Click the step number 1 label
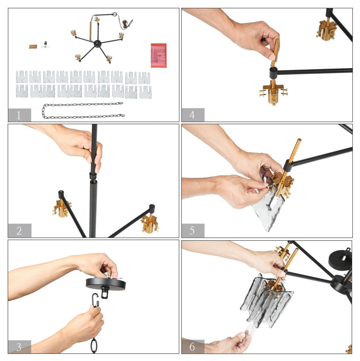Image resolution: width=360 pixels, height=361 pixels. coord(19,115)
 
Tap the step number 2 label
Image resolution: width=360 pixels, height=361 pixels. coord(19,230)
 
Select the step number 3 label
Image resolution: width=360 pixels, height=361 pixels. coord(19,346)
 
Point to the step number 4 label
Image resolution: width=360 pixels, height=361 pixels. coord(193,114)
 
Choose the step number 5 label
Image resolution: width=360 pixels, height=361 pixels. coord(193,230)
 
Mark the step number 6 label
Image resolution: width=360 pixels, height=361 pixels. coord(193,346)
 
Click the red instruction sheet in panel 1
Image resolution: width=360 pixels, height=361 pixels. coord(158,55)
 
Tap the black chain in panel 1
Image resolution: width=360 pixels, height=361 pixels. coord(83,110)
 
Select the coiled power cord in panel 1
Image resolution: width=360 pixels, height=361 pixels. coord(126,24)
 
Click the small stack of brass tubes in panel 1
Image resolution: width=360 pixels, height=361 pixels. coord(33,47)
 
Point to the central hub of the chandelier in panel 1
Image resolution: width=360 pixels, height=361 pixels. coord(97,43)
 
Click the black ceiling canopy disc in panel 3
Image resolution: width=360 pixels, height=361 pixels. coord(106,284)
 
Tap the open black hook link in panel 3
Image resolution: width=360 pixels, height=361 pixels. coord(95,300)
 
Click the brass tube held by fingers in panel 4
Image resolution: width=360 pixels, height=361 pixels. coord(275,53)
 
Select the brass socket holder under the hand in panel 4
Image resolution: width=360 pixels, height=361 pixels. coord(273,92)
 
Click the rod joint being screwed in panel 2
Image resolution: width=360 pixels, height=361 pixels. coord(93,176)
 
